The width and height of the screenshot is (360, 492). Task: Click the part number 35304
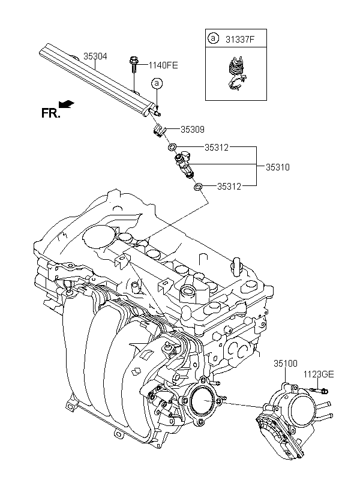pos(95,56)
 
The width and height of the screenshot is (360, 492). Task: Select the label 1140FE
pos(163,65)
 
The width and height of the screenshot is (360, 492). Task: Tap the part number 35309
pos(193,129)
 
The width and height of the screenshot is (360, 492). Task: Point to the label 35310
pos(278,167)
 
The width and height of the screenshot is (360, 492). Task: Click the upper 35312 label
pos(217,147)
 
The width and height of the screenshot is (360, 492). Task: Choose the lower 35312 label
pos(229,187)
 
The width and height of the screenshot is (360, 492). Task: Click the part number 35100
pos(286,364)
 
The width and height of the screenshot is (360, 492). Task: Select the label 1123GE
pos(319,374)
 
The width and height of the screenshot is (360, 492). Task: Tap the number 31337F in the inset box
pos(240,39)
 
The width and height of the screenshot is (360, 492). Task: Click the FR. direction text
pos(50,113)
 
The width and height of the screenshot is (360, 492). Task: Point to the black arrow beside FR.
pos(66,104)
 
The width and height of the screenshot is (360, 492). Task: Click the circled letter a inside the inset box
pos(213,38)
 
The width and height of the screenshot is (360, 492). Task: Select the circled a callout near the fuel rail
pos(157,83)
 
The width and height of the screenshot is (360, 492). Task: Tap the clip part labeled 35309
pos(160,130)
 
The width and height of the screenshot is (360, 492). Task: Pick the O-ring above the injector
pos(172,147)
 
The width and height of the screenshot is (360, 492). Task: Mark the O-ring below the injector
pos(198,187)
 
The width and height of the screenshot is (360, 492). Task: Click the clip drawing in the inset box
pos(235,74)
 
